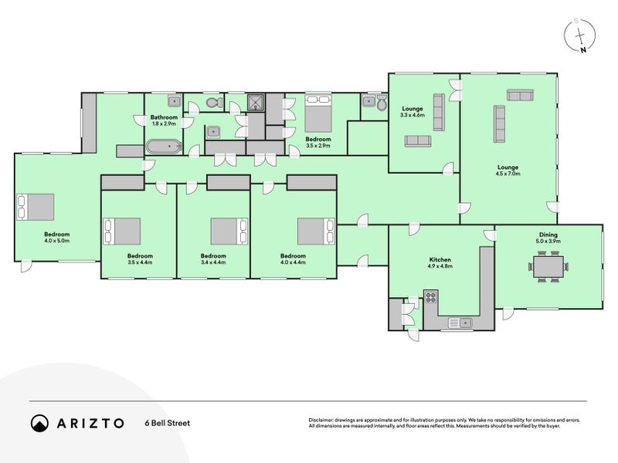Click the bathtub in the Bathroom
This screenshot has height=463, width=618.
164,147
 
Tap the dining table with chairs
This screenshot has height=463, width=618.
548,266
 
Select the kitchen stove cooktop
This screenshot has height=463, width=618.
431,297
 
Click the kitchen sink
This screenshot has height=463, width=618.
460,323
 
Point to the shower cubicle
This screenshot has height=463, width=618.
256,103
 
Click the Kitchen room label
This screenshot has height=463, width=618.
440,260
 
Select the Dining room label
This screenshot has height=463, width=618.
548,235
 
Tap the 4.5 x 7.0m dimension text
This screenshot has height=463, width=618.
508,173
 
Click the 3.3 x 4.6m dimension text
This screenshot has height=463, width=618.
413,115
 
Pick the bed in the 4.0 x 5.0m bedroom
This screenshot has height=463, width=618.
35,207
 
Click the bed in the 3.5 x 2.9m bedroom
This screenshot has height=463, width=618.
318,113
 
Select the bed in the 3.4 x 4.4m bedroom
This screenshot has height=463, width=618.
229,231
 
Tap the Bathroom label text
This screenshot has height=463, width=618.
164,117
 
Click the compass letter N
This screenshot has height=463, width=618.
582,49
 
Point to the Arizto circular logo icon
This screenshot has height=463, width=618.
39,423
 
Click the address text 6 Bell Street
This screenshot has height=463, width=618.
168,423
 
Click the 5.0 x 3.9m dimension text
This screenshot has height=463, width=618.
548,241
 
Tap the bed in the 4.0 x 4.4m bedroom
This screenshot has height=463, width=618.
316,231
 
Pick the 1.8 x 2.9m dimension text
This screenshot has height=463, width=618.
164,123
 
